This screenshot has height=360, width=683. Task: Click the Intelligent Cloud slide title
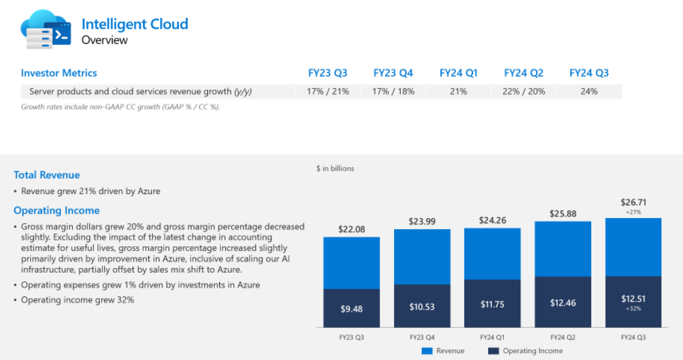click(x=134, y=25)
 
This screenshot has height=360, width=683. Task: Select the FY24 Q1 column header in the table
click(x=458, y=73)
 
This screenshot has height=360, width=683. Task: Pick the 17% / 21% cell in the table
click(x=327, y=92)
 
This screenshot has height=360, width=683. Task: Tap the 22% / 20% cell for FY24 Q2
click(x=523, y=92)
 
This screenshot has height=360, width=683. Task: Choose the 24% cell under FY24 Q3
click(x=589, y=92)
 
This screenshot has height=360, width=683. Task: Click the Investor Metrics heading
click(x=59, y=73)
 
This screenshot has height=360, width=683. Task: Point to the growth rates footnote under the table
click(x=120, y=107)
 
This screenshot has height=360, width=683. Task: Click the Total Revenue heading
click(x=47, y=175)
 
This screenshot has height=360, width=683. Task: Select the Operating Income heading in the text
click(x=57, y=210)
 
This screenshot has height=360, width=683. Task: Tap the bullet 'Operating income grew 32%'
click(x=77, y=300)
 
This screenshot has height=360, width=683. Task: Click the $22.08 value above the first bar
click(x=351, y=229)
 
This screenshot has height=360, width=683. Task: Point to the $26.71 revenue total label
click(x=633, y=202)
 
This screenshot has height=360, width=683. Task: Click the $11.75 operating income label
click(x=493, y=304)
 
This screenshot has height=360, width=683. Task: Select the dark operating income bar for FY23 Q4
click(x=422, y=306)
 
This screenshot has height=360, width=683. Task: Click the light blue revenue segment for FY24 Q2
click(x=563, y=249)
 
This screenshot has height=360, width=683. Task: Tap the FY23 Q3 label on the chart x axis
click(x=351, y=337)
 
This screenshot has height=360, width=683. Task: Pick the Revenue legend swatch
click(x=427, y=351)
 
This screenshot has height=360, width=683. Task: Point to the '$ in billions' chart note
click(x=335, y=168)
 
